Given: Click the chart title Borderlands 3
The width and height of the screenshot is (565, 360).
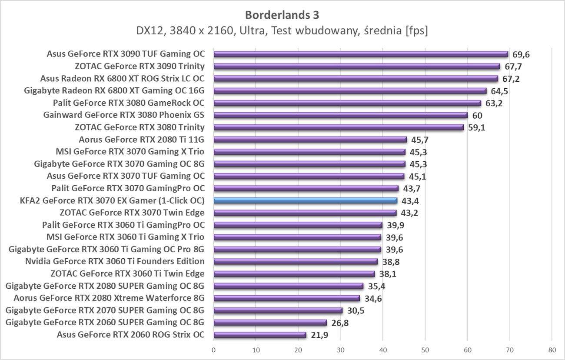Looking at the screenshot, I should pyautogui.click(x=282, y=15).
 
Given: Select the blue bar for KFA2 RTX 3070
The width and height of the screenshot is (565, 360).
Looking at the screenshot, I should pyautogui.click(x=305, y=200).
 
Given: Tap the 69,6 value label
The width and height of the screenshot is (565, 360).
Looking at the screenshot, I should pyautogui.click(x=521, y=54).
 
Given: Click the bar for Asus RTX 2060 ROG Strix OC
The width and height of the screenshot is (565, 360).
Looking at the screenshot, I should pyautogui.click(x=260, y=335).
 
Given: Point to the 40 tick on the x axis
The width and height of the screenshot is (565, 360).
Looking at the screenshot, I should pyautogui.click(x=382, y=350).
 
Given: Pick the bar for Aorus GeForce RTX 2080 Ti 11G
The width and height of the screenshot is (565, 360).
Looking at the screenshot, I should pyautogui.click(x=310, y=140).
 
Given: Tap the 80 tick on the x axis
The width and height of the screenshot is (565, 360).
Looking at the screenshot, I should pyautogui.click(x=552, y=350).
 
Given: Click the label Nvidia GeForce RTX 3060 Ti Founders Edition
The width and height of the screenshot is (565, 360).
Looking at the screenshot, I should pyautogui.click(x=115, y=261).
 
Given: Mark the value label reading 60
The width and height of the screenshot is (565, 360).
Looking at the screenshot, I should pyautogui.click(x=477, y=115).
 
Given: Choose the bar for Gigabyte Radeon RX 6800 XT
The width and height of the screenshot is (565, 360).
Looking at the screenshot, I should pyautogui.click(x=350, y=91).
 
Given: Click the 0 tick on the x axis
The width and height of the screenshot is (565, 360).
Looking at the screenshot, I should pyautogui.click(x=214, y=350).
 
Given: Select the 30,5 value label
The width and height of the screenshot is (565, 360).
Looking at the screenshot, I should pyautogui.click(x=356, y=310).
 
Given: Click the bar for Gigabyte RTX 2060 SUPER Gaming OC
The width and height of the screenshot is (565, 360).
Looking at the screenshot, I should pyautogui.click(x=270, y=323).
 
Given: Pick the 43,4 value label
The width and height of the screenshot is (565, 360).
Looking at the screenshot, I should pyautogui.click(x=410, y=201).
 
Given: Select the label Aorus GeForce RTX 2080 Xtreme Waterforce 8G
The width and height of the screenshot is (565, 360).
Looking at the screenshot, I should pyautogui.click(x=109, y=298).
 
